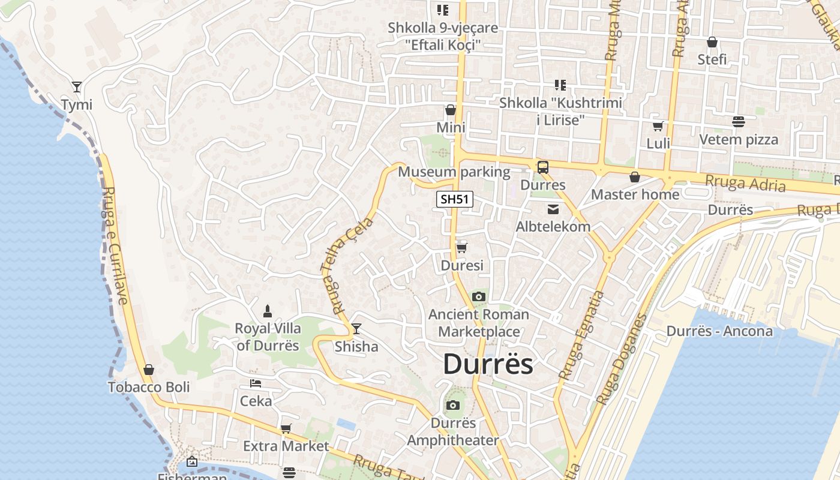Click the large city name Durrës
point(488,364)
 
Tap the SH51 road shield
point(454,200)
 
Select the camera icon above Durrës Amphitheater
point(453,405)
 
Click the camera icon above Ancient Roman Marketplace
point(478,296)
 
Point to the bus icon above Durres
point(542,167)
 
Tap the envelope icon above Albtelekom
point(553,209)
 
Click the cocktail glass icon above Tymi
point(76,87)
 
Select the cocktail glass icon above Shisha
point(356,329)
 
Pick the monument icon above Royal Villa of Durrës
point(268,311)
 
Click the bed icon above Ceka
point(256,383)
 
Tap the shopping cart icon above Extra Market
point(286,428)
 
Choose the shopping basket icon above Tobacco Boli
point(148,370)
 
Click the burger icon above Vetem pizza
point(739,122)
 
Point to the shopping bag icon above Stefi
point(712,42)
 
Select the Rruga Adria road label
point(745,182)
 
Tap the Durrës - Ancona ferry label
point(719,331)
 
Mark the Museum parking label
point(454,172)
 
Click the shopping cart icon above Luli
point(658,126)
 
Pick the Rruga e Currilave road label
point(116,246)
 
